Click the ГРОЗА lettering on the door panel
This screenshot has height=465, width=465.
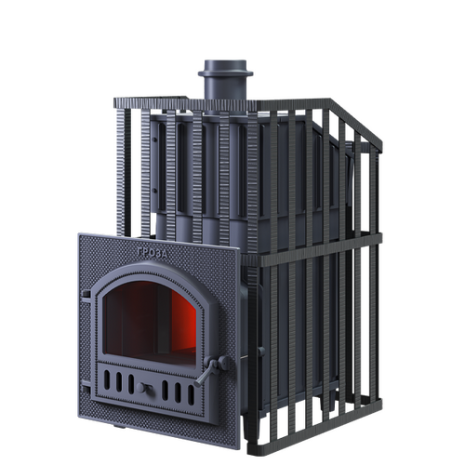152,253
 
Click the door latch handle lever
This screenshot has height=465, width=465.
205,374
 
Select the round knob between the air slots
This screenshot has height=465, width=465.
142,388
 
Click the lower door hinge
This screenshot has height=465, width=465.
86,390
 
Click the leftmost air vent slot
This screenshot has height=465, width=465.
107,379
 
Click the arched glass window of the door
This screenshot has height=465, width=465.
149,323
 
